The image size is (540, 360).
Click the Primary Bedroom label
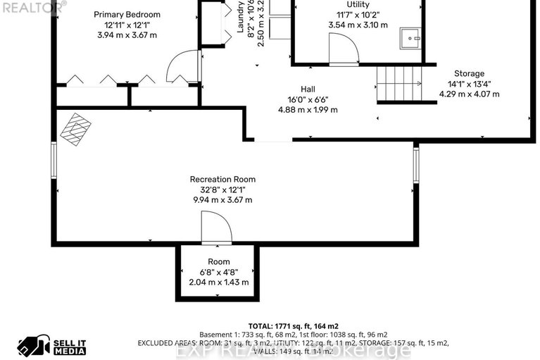(x=127, y=14)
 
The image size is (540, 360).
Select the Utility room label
(x=358, y=4)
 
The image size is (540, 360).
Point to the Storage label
(x=469, y=73)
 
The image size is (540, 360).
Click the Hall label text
(x=308, y=89)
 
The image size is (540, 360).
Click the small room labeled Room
(x=218, y=261)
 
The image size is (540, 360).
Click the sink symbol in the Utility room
(x=410, y=38)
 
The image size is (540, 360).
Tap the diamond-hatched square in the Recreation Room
(x=75, y=130)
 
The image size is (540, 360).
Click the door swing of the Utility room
(x=345, y=50)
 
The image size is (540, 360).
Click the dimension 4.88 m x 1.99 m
(x=308, y=109)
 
